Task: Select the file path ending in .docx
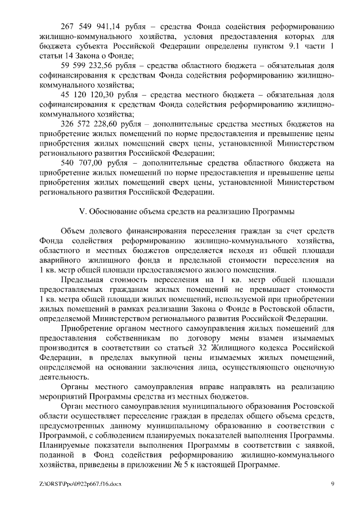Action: [81, 483]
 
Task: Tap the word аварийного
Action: [62, 260]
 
